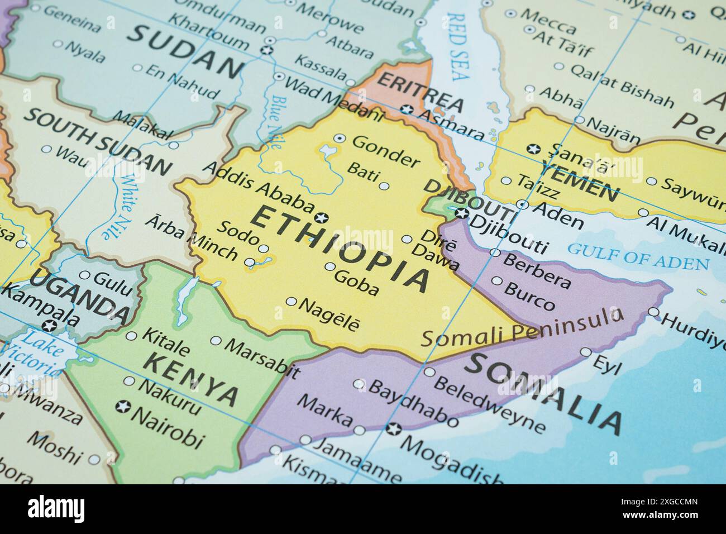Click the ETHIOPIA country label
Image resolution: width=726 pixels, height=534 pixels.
(x=341, y=249)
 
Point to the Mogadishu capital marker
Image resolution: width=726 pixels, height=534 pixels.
(x=394, y=429)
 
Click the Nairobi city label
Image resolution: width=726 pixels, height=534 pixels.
(x=168, y=431)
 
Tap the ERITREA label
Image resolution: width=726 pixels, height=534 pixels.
(x=420, y=93)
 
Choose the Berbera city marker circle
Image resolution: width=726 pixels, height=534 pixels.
(x=495, y=252)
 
